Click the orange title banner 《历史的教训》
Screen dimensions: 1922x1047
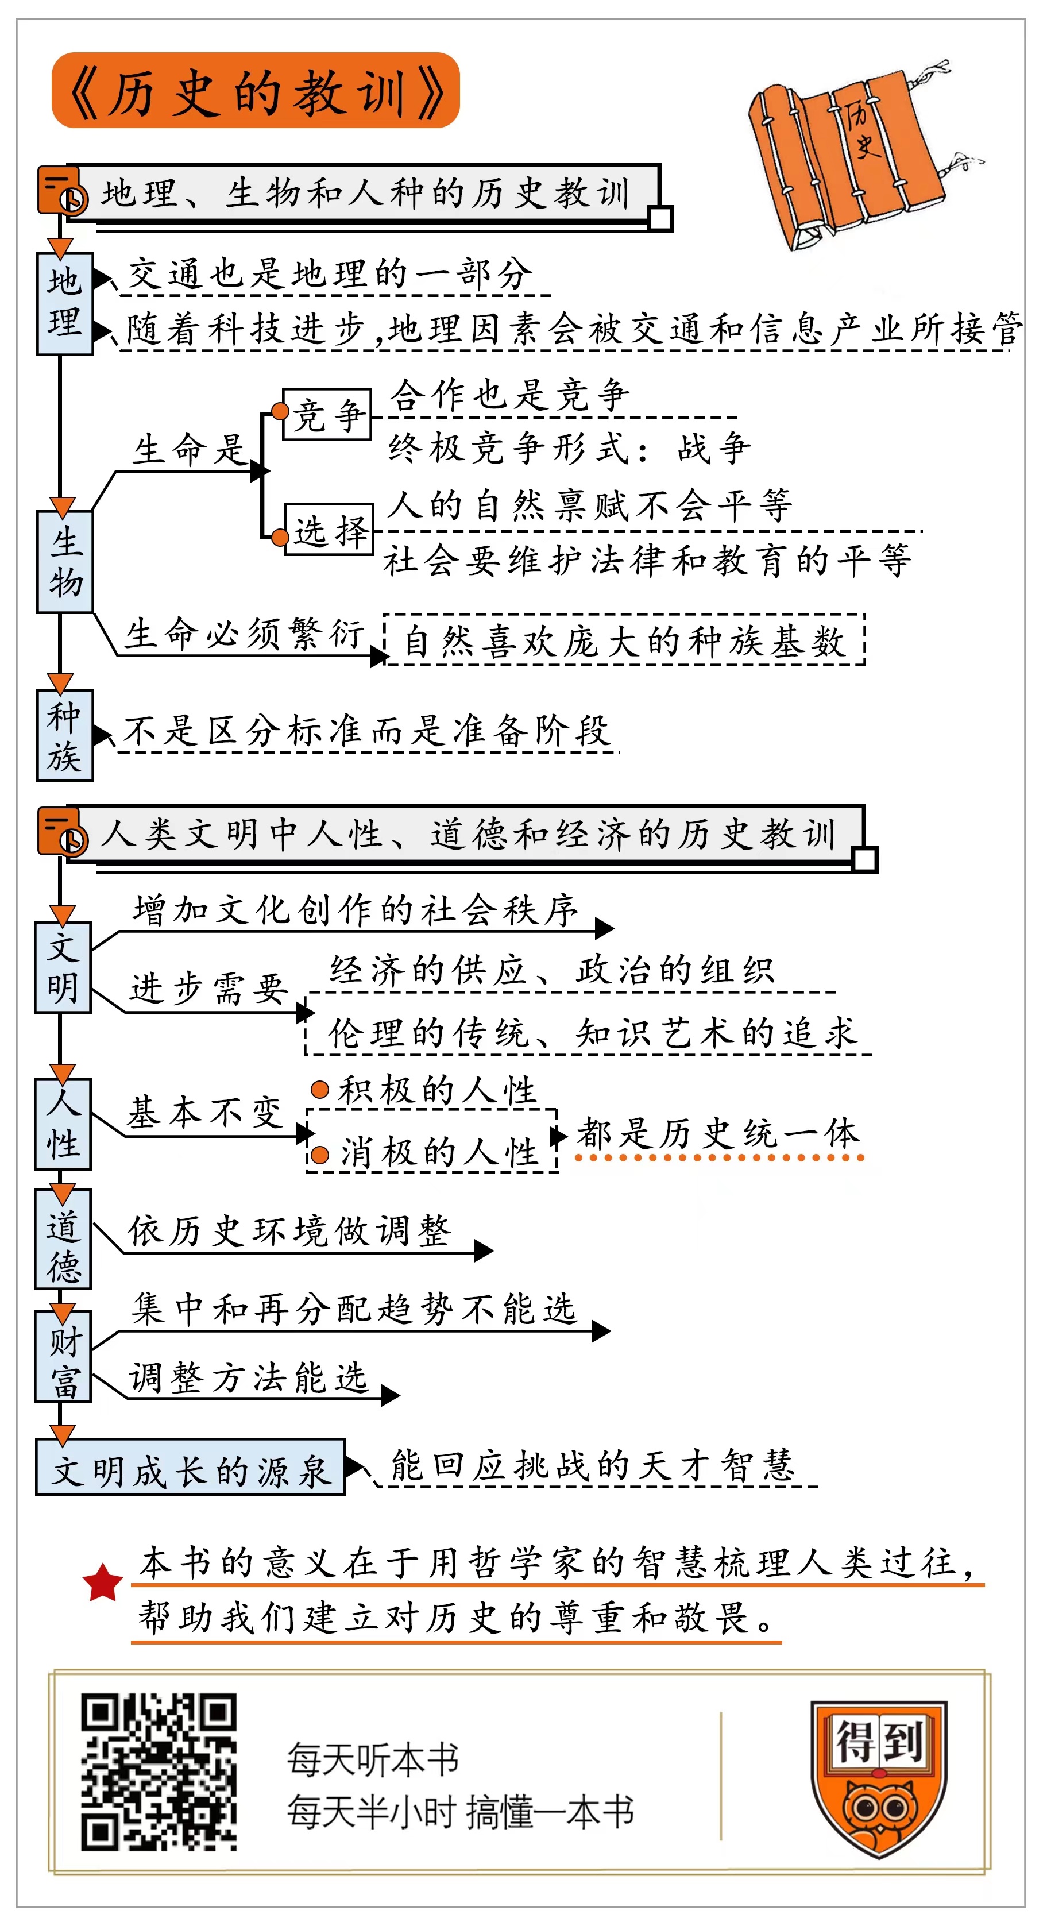pos(255,91)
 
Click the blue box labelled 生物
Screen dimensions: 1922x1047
pos(65,562)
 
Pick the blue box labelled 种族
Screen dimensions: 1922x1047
pos(65,736)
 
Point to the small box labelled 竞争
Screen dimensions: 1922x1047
pos(327,414)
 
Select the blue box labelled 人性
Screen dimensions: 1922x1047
pos(63,1124)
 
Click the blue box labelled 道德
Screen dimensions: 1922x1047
pos(63,1239)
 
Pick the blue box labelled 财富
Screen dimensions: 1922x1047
pos(63,1356)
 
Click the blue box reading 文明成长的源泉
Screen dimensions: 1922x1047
pos(190,1467)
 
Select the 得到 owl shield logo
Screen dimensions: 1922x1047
pos(879,1777)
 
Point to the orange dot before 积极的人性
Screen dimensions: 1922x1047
pos(320,1090)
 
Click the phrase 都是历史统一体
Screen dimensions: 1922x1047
pos(718,1134)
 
